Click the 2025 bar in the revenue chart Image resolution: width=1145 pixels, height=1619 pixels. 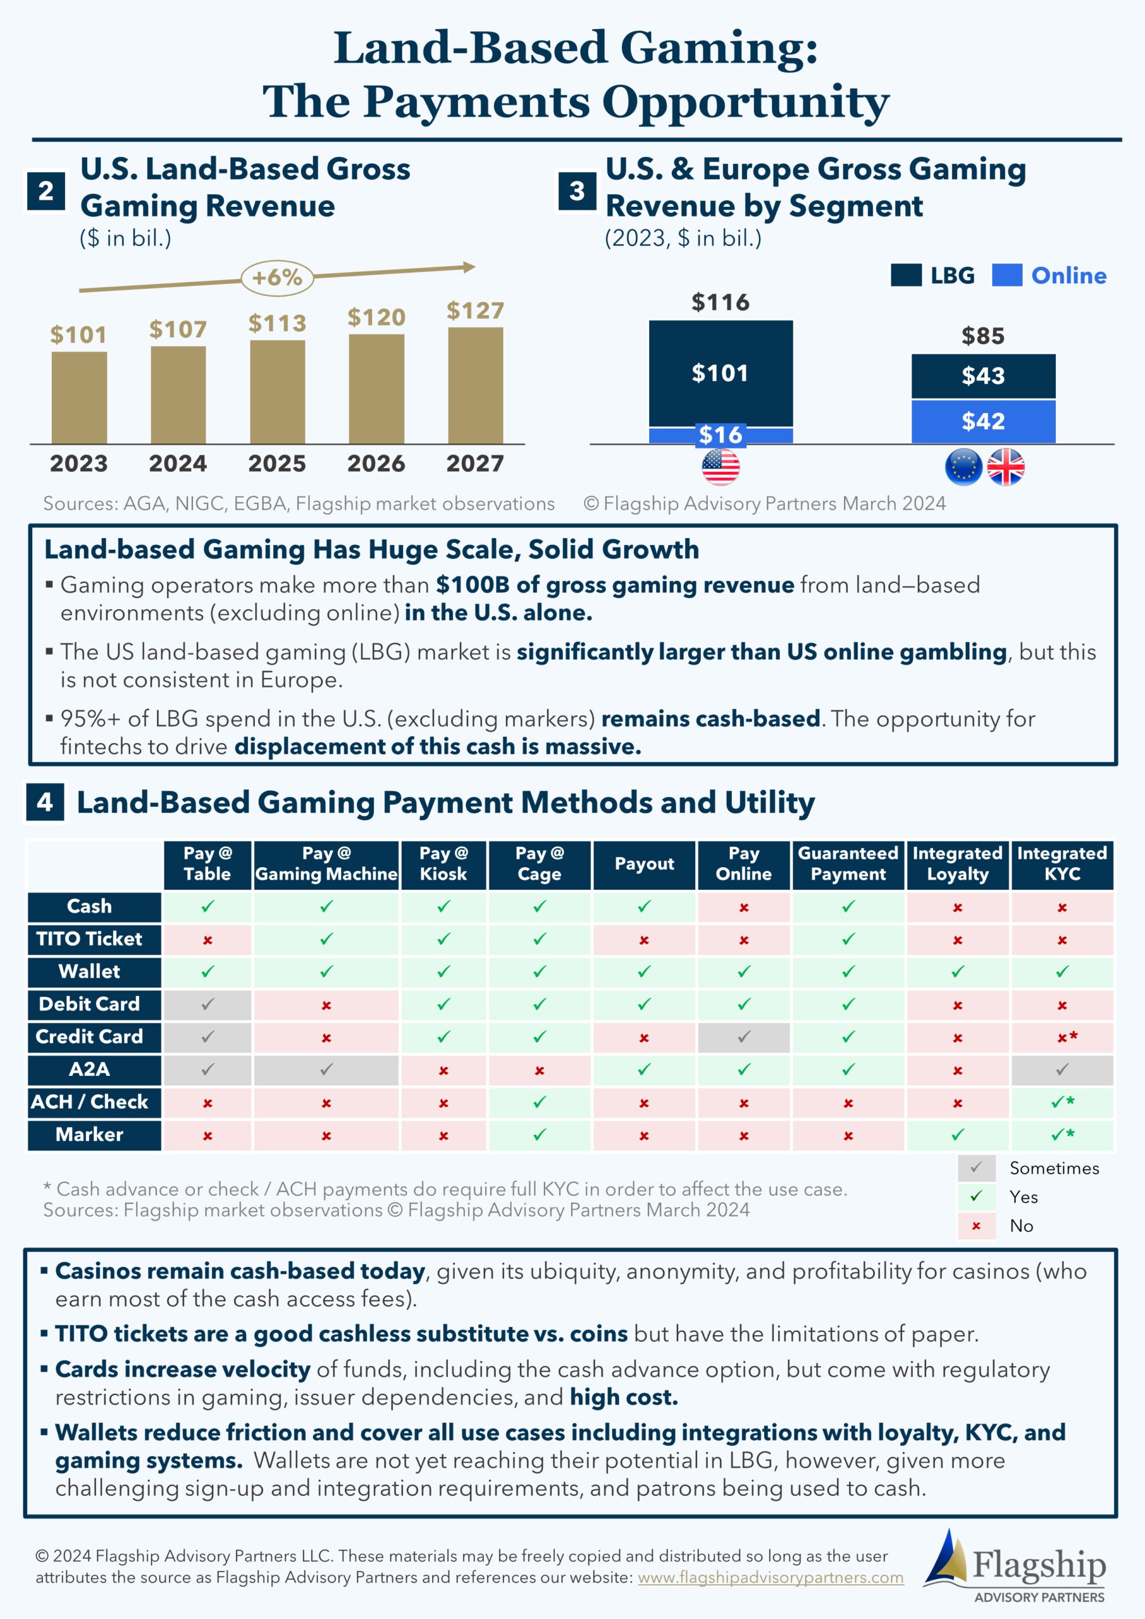point(277,392)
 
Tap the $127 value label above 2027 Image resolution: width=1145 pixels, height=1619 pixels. point(475,311)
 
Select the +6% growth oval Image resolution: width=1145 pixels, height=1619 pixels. point(277,277)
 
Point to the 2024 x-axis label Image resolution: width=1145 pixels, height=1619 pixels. point(178,464)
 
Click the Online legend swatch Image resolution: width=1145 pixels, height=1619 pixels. point(1006,275)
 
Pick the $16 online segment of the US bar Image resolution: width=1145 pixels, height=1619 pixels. point(721,435)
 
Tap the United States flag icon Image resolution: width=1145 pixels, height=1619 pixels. point(721,467)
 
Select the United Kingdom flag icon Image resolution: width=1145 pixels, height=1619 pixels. point(1005,467)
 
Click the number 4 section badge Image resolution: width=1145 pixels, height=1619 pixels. point(45,802)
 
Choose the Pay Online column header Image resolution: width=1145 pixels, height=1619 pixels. point(743,864)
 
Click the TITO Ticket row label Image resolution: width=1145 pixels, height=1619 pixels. point(90,939)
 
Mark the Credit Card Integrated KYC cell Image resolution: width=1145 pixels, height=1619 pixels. point(1063,1037)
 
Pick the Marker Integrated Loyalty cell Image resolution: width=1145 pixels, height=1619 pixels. point(957,1135)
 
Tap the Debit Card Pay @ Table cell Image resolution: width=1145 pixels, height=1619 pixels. point(207,1004)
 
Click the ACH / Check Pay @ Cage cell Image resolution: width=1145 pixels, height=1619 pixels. point(540,1102)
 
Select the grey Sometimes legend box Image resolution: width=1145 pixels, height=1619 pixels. point(976,1167)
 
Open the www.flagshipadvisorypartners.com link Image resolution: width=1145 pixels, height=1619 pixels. point(771,1577)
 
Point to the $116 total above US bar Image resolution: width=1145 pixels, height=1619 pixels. point(721,302)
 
